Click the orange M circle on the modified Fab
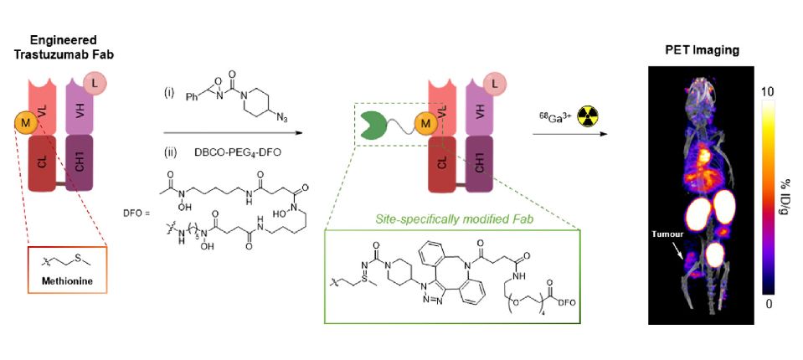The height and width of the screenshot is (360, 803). pyautogui.click(x=426, y=126)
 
